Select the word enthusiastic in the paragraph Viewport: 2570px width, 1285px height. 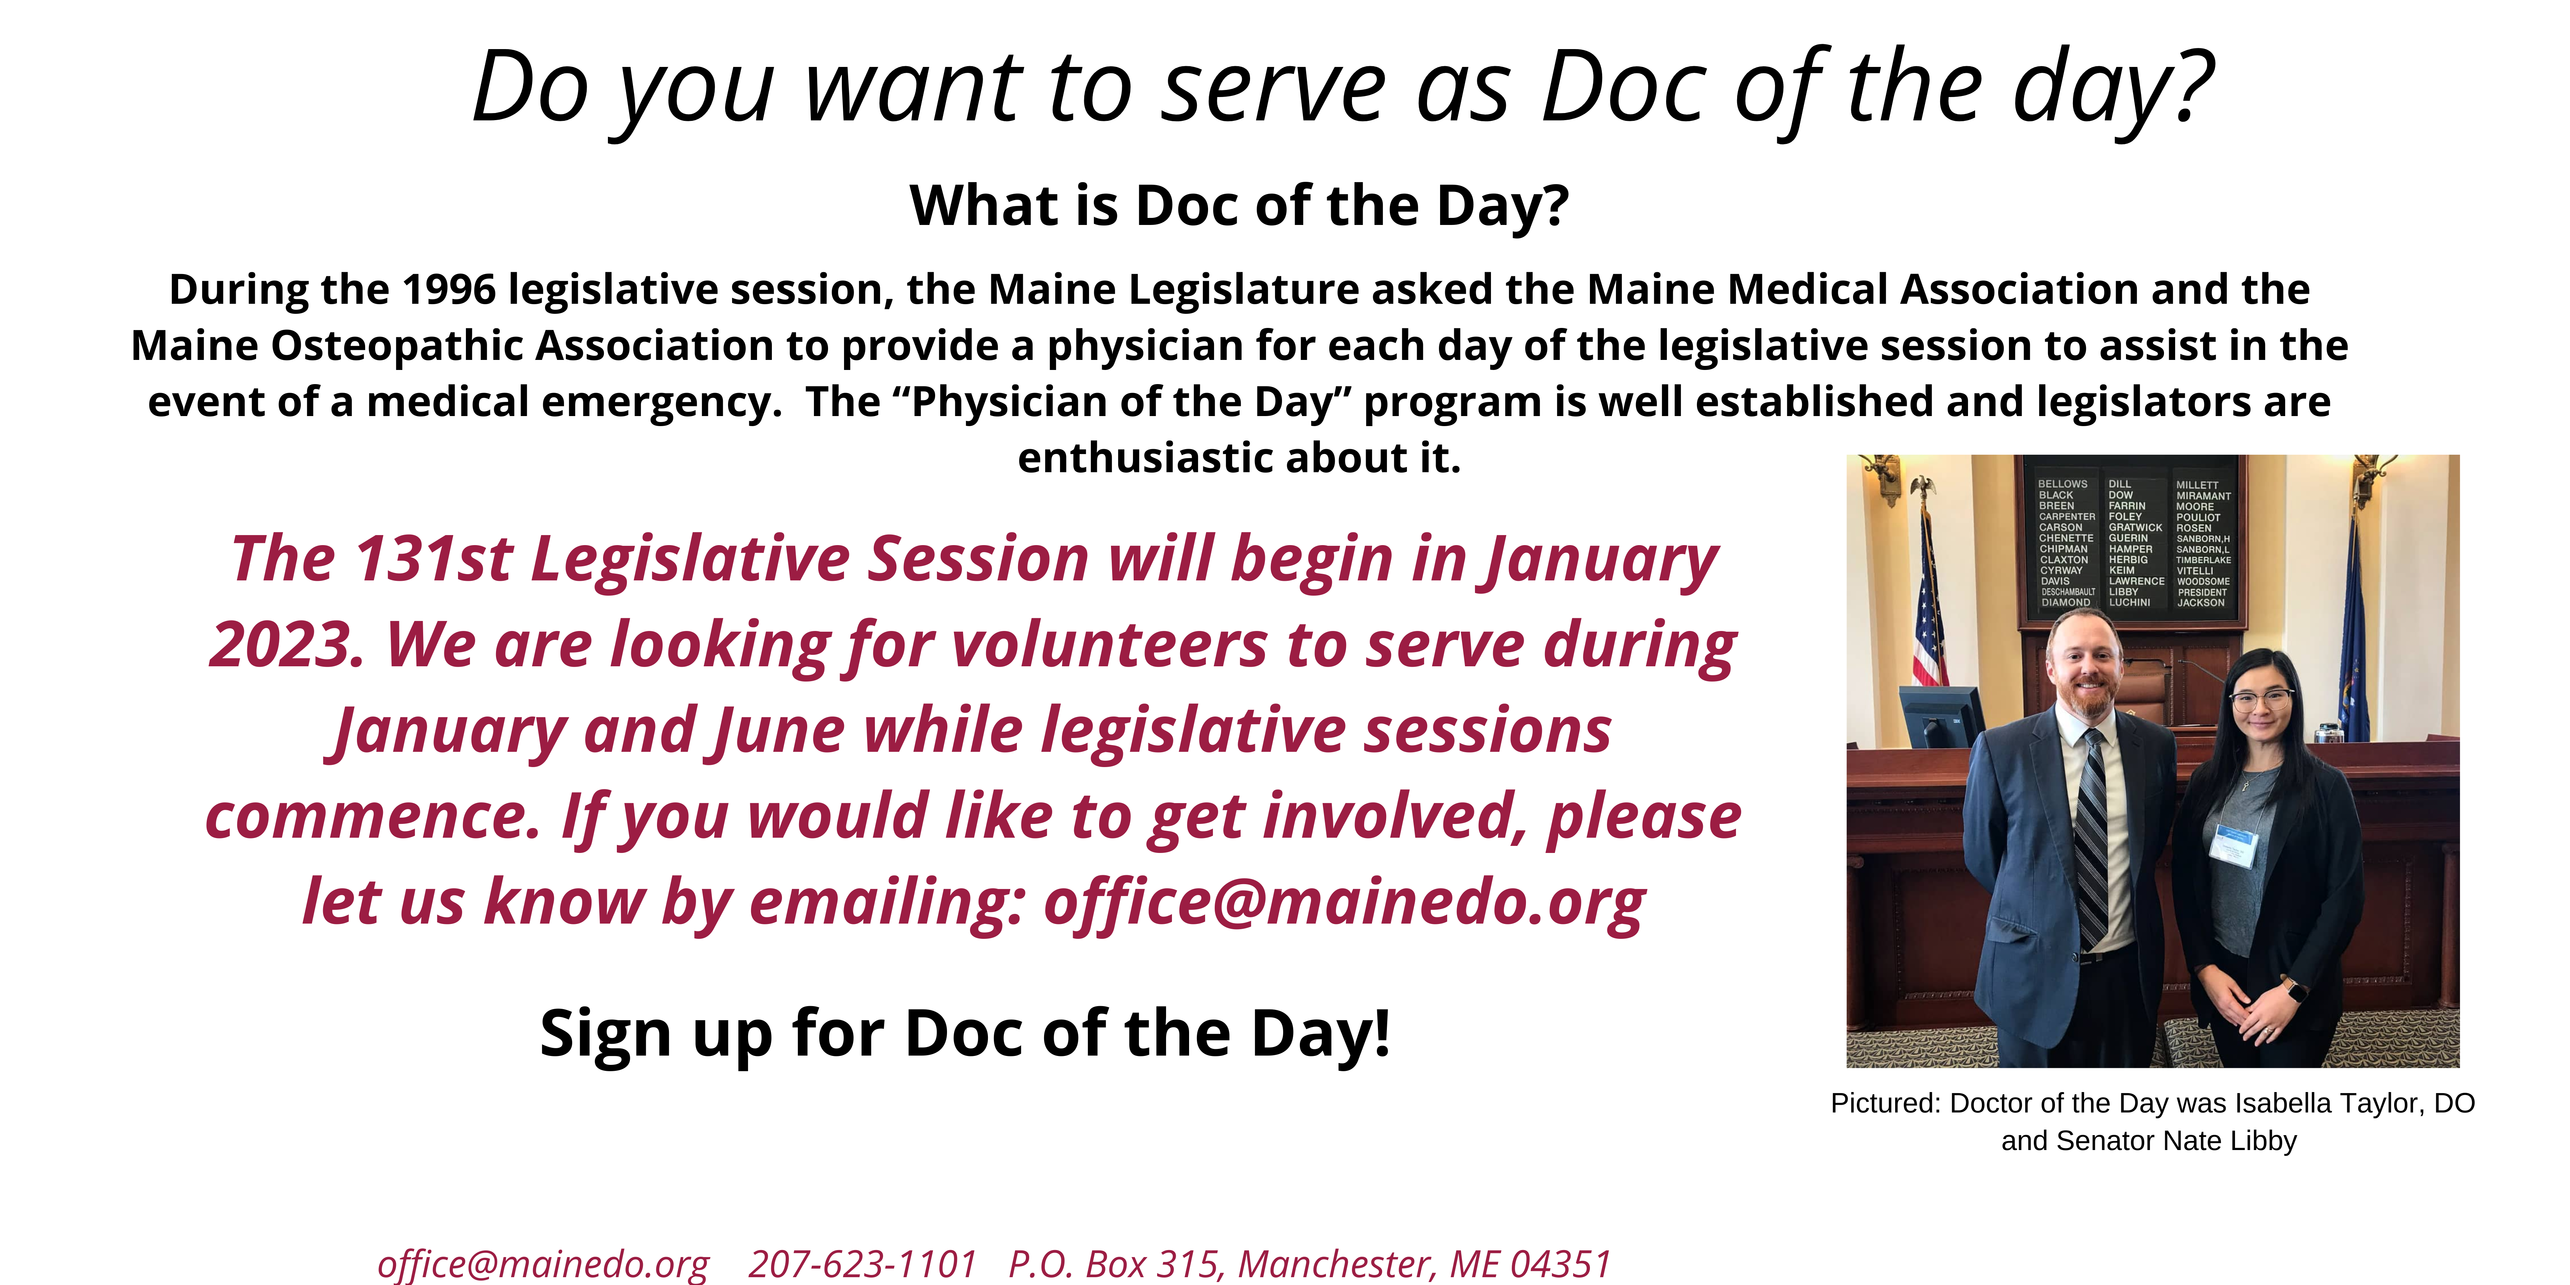click(x=1144, y=458)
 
